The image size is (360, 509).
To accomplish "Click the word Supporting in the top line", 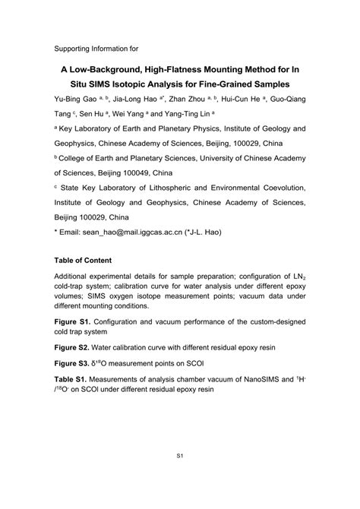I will click(x=75, y=49).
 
